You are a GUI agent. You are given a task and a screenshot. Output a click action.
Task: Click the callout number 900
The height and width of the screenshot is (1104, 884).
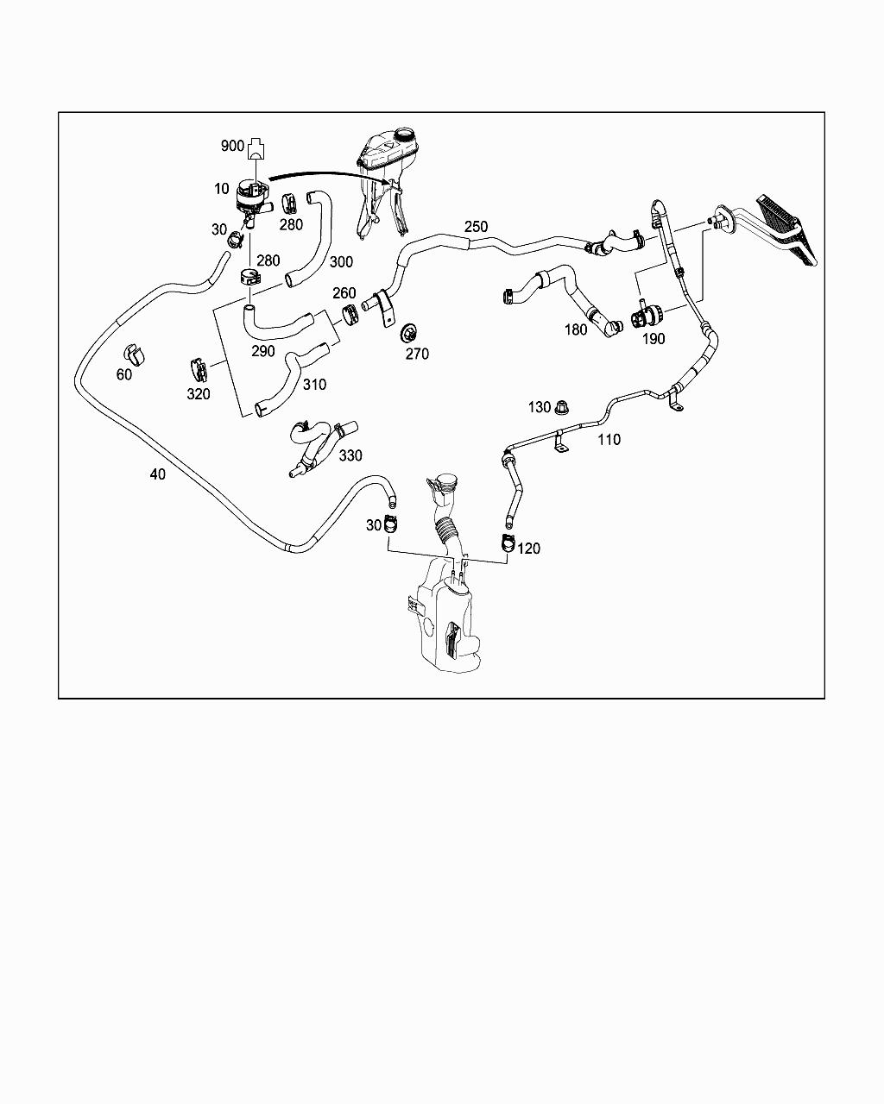[232, 146]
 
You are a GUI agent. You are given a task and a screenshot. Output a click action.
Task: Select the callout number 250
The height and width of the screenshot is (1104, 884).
[476, 227]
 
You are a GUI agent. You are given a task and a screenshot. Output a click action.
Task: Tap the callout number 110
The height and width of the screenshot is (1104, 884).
[609, 440]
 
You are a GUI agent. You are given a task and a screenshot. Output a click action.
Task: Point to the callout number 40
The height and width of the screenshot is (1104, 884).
[157, 474]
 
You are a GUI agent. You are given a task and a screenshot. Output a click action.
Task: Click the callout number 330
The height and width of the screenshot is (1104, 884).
[350, 455]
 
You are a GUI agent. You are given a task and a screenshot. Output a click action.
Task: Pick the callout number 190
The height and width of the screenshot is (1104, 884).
[654, 339]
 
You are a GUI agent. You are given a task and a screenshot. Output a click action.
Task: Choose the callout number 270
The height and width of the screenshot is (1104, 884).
[417, 354]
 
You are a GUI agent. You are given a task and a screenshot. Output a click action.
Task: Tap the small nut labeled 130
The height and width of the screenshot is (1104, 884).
[562, 406]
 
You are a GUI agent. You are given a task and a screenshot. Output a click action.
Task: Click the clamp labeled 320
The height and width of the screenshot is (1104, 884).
[197, 369]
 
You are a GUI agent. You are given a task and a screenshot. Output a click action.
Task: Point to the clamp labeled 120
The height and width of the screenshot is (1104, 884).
[507, 543]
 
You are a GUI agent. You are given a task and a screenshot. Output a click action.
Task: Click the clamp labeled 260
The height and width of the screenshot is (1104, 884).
[350, 314]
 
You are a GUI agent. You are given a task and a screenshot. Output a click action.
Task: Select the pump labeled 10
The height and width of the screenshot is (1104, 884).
[250, 198]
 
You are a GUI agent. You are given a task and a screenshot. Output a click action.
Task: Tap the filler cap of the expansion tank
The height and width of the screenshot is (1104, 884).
[403, 135]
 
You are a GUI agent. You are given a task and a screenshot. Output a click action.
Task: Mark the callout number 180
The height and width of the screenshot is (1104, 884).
[576, 329]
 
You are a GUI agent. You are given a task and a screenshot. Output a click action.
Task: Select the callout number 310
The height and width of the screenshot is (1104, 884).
[314, 385]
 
